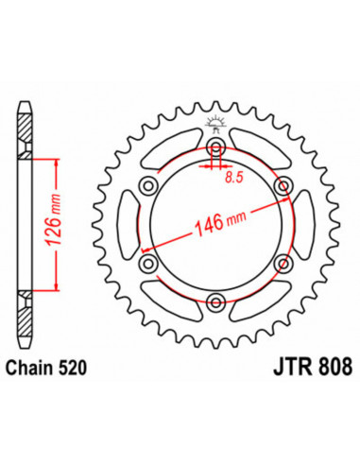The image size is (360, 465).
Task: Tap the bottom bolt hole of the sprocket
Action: click(216, 301)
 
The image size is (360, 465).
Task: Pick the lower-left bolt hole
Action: click(149, 264)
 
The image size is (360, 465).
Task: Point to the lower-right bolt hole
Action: click(283, 264)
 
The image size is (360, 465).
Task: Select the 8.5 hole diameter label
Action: click(232, 176)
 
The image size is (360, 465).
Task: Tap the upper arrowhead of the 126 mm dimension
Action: click(59, 164)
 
